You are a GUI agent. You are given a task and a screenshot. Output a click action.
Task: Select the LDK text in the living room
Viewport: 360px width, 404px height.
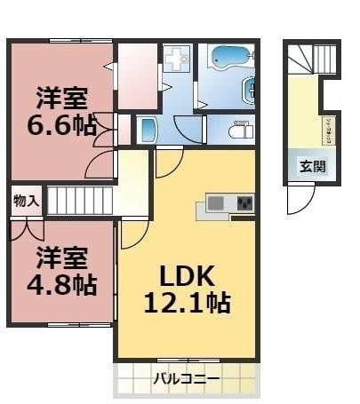click(x=188, y=275)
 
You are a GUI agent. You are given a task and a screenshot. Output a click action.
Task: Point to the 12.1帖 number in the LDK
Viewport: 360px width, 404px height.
click(x=188, y=304)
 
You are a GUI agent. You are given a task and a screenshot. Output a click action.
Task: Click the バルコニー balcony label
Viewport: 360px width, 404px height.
click(x=187, y=380)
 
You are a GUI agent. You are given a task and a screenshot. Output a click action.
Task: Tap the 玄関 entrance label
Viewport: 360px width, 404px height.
click(x=310, y=165)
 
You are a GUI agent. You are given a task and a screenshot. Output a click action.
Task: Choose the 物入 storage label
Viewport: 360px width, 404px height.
click(x=26, y=201)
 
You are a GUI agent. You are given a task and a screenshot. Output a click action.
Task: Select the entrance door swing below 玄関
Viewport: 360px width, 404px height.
click(x=300, y=200)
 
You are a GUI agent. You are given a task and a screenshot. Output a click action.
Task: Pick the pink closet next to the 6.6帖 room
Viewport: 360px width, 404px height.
click(x=138, y=75)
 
